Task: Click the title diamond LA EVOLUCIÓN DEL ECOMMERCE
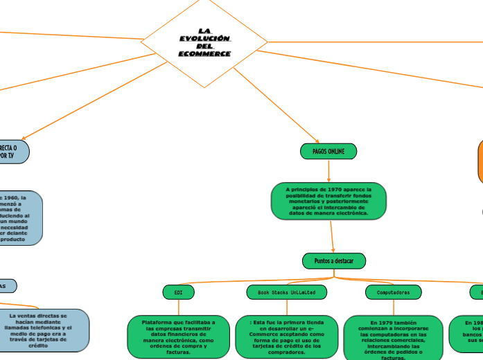click(204, 42)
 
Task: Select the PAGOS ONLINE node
click(328, 151)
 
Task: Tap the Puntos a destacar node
click(334, 261)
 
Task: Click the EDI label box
click(179, 292)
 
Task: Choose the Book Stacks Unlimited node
click(287, 292)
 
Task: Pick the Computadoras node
click(393, 292)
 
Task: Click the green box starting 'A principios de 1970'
click(329, 201)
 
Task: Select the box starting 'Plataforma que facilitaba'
click(179, 336)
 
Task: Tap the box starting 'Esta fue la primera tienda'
click(286, 336)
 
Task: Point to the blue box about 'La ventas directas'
click(39, 330)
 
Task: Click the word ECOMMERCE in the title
click(204, 54)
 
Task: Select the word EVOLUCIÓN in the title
click(204, 38)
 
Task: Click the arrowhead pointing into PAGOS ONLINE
click(317, 142)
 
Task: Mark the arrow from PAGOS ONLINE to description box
click(328, 171)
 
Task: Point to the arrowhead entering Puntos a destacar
click(333, 251)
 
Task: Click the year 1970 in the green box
click(333, 188)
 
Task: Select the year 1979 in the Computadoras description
click(383, 323)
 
